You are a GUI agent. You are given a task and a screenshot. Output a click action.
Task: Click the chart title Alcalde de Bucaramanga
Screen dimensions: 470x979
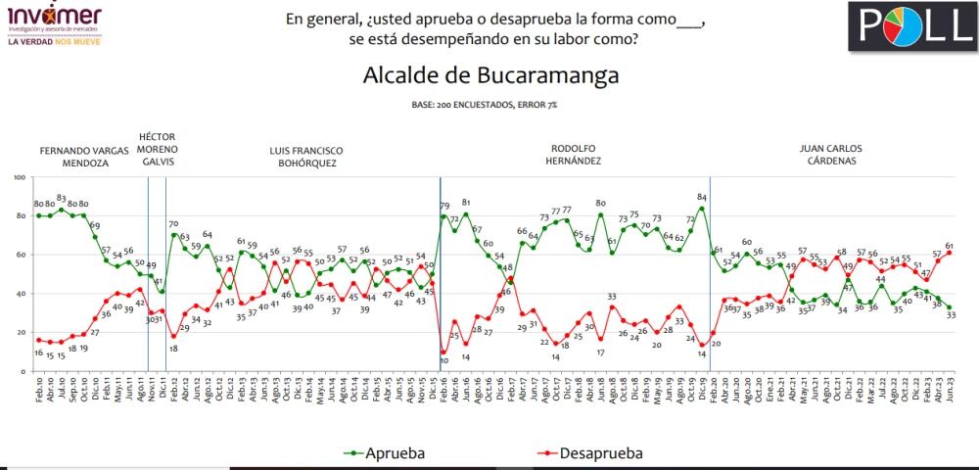[490, 76]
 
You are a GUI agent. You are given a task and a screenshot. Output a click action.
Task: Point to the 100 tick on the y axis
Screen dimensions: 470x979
[21, 177]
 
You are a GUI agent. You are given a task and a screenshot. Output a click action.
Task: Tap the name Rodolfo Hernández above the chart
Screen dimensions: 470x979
[575, 155]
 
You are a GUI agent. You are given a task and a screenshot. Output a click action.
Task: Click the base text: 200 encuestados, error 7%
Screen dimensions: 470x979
[490, 103]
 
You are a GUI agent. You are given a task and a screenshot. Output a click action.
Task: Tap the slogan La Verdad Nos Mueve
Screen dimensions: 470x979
[54, 42]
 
